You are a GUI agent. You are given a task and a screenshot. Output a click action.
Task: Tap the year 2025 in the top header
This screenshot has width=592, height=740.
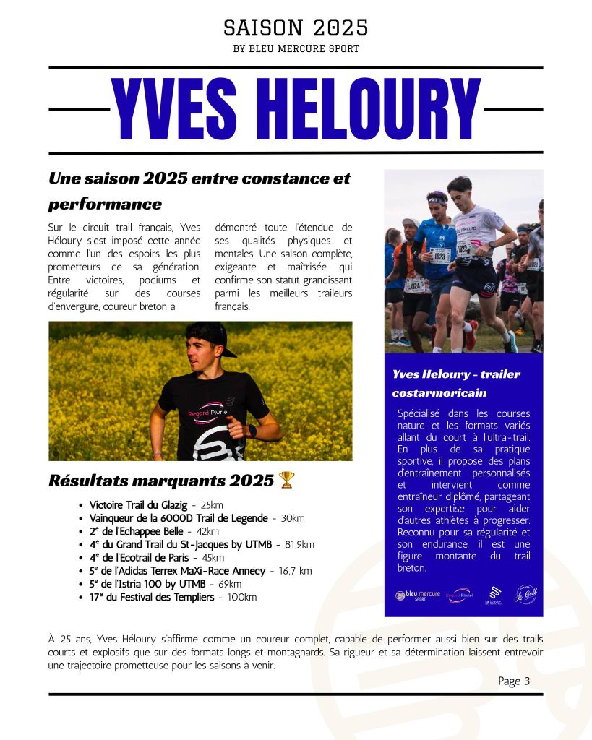click(x=340, y=27)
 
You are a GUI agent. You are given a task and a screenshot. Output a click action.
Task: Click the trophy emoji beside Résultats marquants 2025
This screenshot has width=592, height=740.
click(x=287, y=480)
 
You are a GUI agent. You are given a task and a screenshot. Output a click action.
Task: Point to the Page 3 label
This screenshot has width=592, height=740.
click(x=514, y=681)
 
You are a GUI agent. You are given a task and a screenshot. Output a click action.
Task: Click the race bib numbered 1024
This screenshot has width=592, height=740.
click(x=416, y=285)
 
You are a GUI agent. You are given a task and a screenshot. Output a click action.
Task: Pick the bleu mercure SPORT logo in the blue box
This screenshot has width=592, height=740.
click(x=417, y=595)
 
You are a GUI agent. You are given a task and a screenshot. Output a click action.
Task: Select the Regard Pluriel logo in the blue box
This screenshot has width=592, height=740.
click(x=460, y=595)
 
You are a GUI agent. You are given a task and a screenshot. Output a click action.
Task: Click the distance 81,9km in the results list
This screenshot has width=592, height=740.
click(x=299, y=544)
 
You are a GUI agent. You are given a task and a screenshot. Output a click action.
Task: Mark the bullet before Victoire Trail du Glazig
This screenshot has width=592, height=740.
click(x=80, y=505)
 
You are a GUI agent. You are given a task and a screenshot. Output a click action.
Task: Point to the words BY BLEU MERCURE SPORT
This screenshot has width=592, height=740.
click(x=296, y=49)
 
